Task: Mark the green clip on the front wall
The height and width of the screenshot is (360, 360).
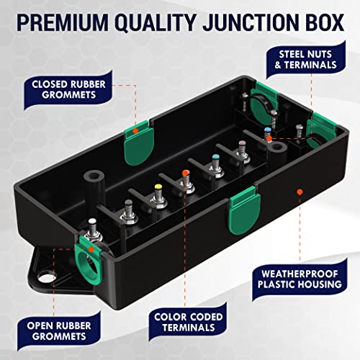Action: [x=243, y=204]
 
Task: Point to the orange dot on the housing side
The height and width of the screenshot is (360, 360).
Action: [x=299, y=192]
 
